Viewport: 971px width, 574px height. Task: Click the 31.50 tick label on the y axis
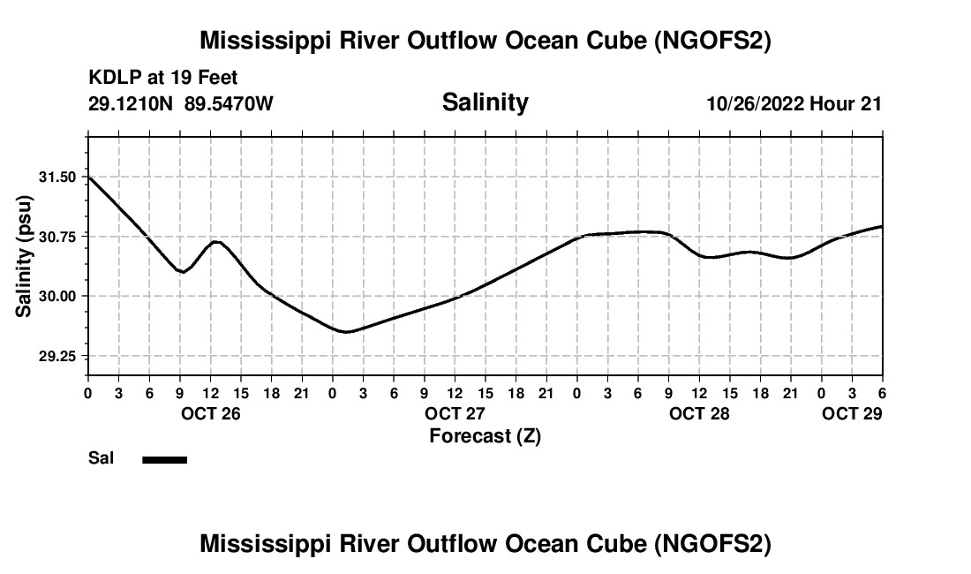58,177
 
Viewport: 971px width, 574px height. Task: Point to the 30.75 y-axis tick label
58,237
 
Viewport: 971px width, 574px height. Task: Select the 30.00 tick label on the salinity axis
58,297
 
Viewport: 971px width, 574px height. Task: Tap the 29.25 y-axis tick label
58,356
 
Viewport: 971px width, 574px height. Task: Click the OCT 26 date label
210,413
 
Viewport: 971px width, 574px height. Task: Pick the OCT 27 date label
455,413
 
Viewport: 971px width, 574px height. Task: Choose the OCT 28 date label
699,413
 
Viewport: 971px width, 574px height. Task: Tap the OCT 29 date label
852,413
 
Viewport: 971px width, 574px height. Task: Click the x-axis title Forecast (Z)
485,435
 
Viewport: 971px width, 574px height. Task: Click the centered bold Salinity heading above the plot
485,102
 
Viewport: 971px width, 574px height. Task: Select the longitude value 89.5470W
230,103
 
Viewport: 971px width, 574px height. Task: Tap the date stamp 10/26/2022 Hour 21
794,103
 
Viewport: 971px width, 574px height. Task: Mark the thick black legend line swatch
165,459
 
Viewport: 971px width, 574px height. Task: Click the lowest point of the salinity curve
347,332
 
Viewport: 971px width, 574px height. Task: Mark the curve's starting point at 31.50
89,177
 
